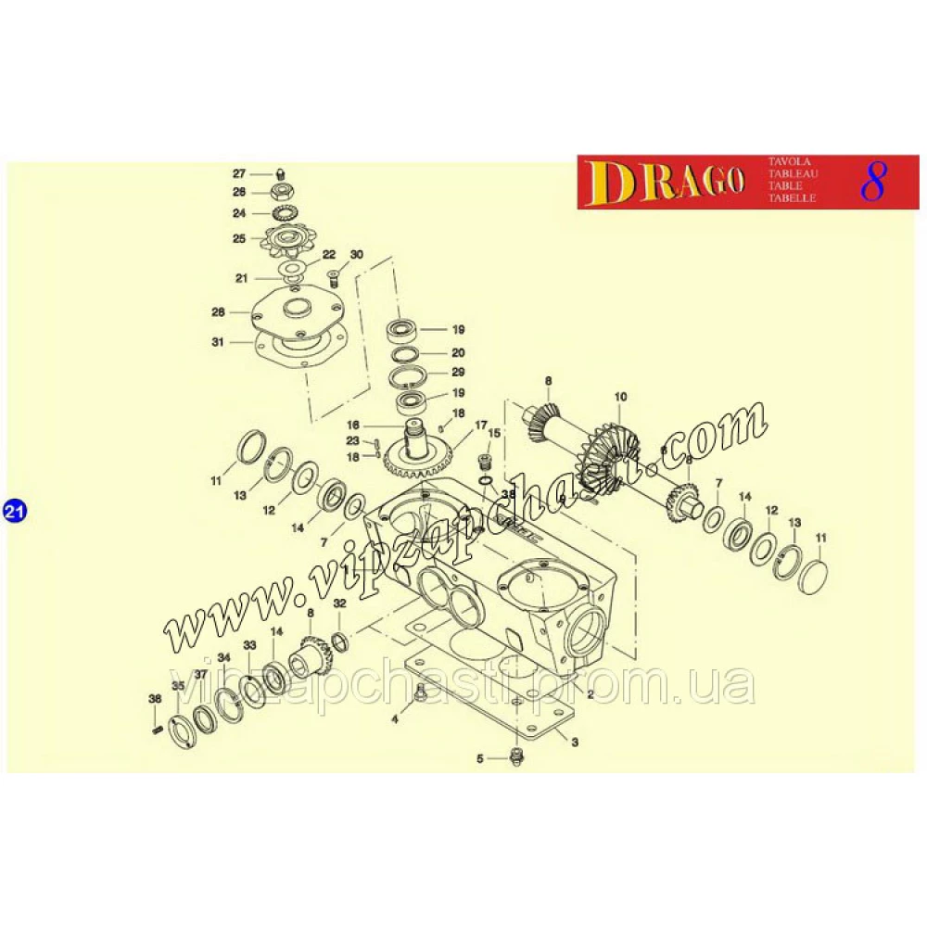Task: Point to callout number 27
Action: (x=238, y=174)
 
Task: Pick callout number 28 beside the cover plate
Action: (x=218, y=311)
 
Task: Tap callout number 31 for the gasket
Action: (x=218, y=342)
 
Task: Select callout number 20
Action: (x=458, y=353)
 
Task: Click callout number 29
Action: (x=458, y=372)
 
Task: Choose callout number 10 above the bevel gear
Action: (x=620, y=397)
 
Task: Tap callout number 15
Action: (x=493, y=433)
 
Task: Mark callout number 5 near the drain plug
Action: (x=480, y=759)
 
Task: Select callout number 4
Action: (x=395, y=718)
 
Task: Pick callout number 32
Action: (x=339, y=603)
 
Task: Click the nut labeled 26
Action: (x=280, y=192)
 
